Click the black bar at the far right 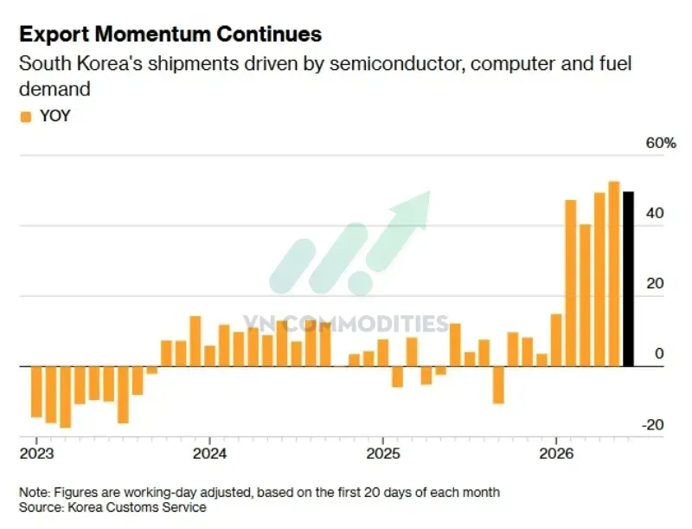(628, 279)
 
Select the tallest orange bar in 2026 (614, 274)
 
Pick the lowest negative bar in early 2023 (66, 397)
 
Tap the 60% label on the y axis (661, 143)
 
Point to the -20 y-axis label (652, 425)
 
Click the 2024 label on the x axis (209, 454)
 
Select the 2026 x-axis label (556, 454)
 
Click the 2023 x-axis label (36, 454)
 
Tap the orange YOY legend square (26, 117)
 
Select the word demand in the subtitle (54, 89)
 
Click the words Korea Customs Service (137, 506)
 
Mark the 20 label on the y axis (655, 283)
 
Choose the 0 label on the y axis (659, 354)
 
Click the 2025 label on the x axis (383, 454)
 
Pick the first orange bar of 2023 (36, 391)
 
